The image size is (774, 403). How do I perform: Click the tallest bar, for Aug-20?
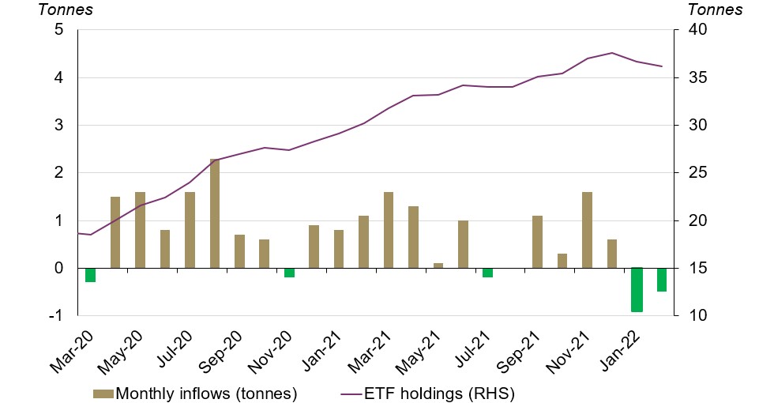coord(215,213)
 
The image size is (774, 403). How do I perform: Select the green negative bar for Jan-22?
coord(637,289)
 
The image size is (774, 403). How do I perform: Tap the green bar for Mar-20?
coord(91,274)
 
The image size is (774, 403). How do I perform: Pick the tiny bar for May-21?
coord(438,266)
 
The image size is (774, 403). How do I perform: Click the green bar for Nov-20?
coord(289,272)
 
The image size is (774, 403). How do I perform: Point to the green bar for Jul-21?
coord(487,272)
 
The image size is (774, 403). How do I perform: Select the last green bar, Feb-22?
coord(662,280)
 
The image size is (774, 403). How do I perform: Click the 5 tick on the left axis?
coord(58,31)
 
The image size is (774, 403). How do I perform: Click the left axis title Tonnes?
coord(66,10)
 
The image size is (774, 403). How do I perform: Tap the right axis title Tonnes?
coord(716,10)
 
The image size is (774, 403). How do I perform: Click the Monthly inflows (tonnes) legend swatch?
coord(103,393)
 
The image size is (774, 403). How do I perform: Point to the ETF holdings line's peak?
coord(611,53)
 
